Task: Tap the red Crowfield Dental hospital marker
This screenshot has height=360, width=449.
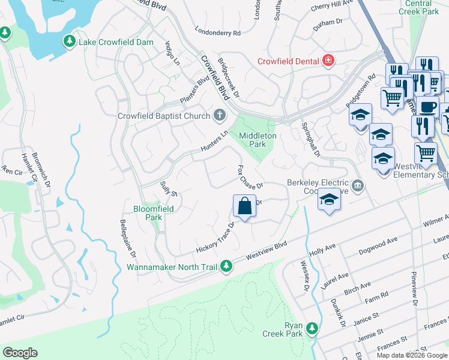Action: coord(328,61)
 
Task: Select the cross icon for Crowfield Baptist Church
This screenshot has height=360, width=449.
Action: coord(220,115)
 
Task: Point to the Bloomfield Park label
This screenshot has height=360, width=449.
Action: coord(146,214)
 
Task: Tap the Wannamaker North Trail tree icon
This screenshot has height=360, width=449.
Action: coord(226,266)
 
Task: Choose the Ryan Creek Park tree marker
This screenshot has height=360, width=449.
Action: coord(312,328)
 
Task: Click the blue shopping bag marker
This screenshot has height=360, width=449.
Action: coord(245,207)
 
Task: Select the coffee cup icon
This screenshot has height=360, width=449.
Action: coord(428,107)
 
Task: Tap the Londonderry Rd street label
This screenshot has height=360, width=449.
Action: coord(218,31)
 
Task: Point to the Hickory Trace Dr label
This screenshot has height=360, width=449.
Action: coord(215,239)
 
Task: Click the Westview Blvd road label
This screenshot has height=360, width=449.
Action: coord(267,251)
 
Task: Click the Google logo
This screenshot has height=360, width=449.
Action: coord(20,353)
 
